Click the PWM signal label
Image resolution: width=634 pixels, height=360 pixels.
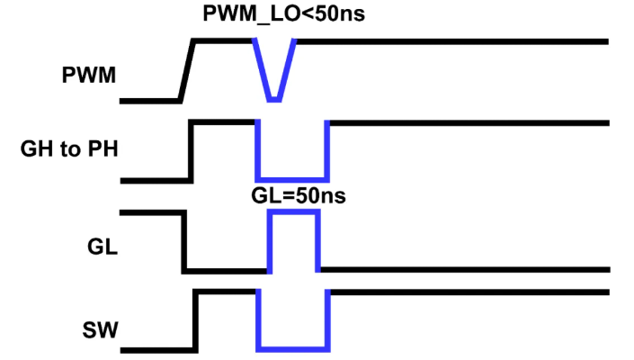point(90,76)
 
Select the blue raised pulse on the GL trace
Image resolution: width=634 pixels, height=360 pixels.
point(294,213)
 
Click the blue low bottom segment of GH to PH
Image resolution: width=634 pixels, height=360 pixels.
point(293,180)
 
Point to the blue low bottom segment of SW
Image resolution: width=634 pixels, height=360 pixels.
point(293,348)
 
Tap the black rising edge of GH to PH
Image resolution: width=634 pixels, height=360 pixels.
point(190,151)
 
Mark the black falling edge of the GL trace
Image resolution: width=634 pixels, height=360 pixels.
point(184,241)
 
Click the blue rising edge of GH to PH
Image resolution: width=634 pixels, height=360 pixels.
point(328,151)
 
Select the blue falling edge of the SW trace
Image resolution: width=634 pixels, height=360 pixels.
point(258,319)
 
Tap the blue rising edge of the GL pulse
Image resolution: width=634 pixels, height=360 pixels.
point(270,241)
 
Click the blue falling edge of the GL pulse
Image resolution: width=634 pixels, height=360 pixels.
point(318,241)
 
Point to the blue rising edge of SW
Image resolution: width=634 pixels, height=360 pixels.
point(329,319)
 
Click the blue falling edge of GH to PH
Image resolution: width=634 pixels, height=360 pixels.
point(258,151)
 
